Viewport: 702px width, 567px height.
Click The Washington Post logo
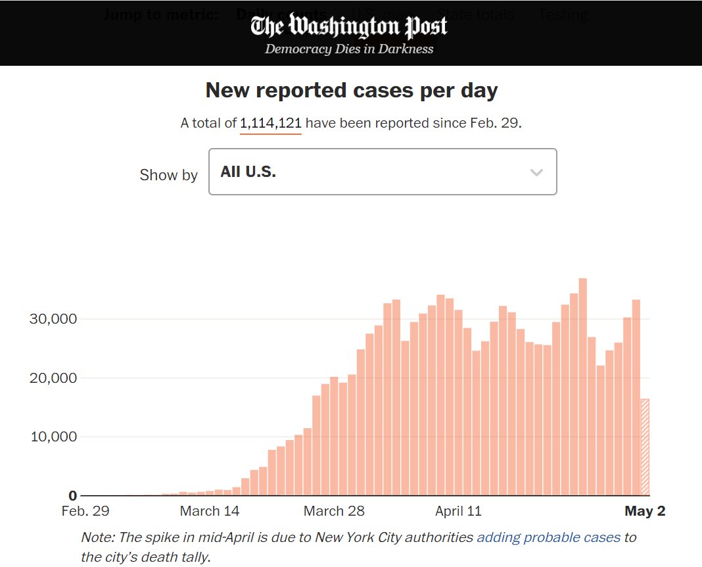349,27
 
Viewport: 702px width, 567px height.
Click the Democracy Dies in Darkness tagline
349,49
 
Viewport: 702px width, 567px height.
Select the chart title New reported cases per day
352,90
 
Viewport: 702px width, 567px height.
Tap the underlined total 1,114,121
271,123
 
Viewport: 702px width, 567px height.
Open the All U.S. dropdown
382,172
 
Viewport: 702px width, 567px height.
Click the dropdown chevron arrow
536,172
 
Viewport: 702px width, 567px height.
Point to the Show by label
168,175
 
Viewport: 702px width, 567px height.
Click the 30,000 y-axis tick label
54,319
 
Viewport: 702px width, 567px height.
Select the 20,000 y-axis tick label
54,378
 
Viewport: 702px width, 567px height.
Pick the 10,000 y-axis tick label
54,437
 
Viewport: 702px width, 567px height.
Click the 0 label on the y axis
73,495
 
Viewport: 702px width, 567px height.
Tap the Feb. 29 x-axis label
85,511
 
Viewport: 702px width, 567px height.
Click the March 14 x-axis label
210,511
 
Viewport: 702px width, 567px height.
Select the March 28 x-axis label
334,511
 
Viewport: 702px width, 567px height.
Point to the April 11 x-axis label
458,511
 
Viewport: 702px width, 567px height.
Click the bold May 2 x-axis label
645,511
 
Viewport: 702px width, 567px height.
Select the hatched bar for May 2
645,447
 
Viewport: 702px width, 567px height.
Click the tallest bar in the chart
582,388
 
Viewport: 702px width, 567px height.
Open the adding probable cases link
548,537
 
